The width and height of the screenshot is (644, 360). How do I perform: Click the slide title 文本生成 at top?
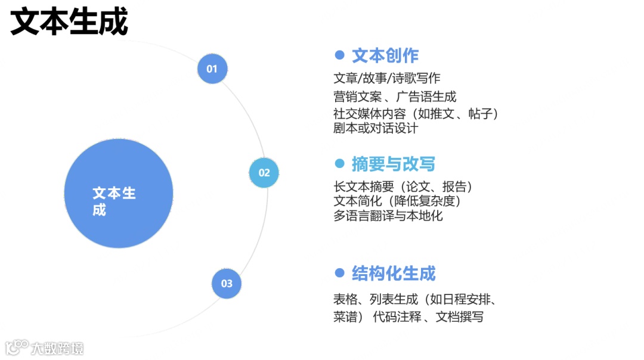click(x=69, y=23)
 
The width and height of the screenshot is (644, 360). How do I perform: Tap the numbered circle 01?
click(x=212, y=69)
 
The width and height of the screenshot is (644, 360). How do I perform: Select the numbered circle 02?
click(x=264, y=173)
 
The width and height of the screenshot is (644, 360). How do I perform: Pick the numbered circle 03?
click(x=227, y=283)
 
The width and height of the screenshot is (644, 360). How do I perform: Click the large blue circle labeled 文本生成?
click(x=118, y=194)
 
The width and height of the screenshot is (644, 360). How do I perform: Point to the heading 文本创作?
click(x=385, y=55)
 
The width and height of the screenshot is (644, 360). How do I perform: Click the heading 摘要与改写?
click(x=394, y=163)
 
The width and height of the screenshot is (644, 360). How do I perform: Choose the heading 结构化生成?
click(x=394, y=274)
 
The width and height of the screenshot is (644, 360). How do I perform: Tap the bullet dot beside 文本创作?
click(x=340, y=55)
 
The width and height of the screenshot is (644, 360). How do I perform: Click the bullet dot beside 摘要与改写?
click(x=340, y=163)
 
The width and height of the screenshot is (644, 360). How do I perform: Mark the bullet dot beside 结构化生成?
click(x=340, y=273)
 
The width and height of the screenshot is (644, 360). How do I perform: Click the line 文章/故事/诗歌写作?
click(x=387, y=78)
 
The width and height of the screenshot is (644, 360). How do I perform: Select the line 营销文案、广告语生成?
click(x=395, y=96)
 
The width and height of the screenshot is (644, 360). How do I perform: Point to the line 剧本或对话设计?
click(x=376, y=128)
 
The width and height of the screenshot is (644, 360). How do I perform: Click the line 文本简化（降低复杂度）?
click(x=398, y=201)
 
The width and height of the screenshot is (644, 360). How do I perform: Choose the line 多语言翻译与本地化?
click(x=388, y=215)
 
